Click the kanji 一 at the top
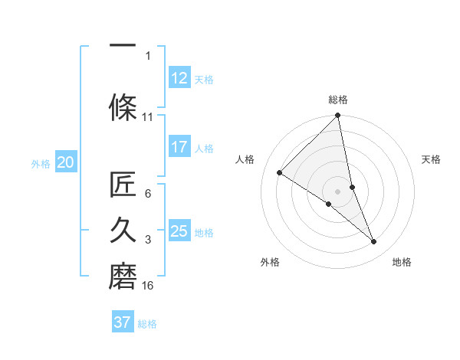(x=123, y=47)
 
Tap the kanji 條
(x=123, y=105)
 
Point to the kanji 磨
(x=123, y=273)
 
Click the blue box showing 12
(x=179, y=78)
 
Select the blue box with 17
(x=179, y=147)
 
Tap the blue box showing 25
(x=179, y=231)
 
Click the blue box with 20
(x=66, y=162)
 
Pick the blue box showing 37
(x=123, y=322)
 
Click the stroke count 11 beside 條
(x=148, y=117)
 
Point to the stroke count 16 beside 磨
(x=148, y=286)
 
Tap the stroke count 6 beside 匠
(x=148, y=194)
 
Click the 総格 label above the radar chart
(x=338, y=100)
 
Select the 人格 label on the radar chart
(x=245, y=159)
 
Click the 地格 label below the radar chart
(x=402, y=262)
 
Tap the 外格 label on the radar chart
(x=270, y=262)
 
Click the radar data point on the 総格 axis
(x=338, y=116)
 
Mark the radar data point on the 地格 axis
(x=374, y=242)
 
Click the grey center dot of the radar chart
(x=338, y=191)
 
